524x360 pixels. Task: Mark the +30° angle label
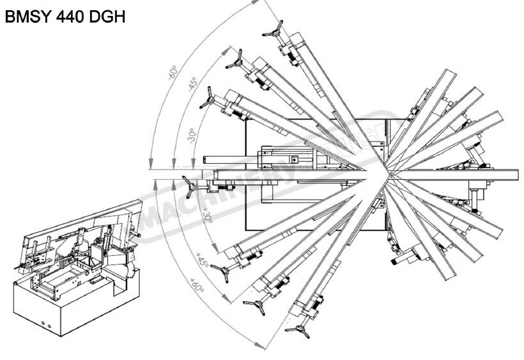click(206, 214)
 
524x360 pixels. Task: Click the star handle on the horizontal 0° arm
click(190, 186)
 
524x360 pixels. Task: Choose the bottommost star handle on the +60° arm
click(298, 329)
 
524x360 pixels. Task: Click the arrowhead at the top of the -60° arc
click(259, 3)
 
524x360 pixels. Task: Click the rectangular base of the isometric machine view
click(70, 307)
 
